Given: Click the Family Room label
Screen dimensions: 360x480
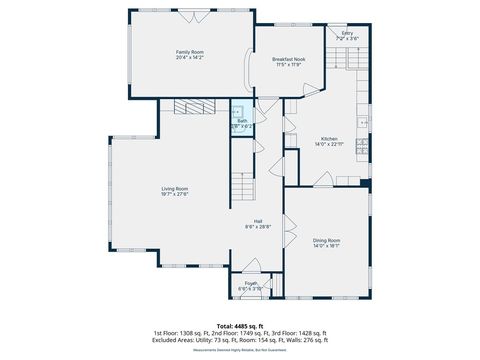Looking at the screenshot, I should click(x=190, y=51).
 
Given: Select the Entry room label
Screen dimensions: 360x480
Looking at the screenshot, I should click(x=347, y=33).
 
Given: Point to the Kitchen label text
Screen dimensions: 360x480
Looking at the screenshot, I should click(x=329, y=139).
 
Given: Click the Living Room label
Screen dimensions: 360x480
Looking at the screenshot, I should click(x=175, y=188).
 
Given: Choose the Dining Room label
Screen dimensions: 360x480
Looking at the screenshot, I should click(x=326, y=239).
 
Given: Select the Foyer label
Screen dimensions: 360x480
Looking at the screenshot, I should click(x=250, y=283).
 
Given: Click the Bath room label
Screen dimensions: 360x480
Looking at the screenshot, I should click(x=242, y=121).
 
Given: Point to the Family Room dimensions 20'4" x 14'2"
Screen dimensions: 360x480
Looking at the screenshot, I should click(x=190, y=57).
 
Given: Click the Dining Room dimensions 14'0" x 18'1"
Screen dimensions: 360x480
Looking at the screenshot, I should click(x=326, y=245).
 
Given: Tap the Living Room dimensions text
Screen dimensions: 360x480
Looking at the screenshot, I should click(x=175, y=194).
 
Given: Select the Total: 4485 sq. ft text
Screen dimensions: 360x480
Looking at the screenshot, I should click(x=239, y=326).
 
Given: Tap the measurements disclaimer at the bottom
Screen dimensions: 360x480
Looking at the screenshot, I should click(x=239, y=350).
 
